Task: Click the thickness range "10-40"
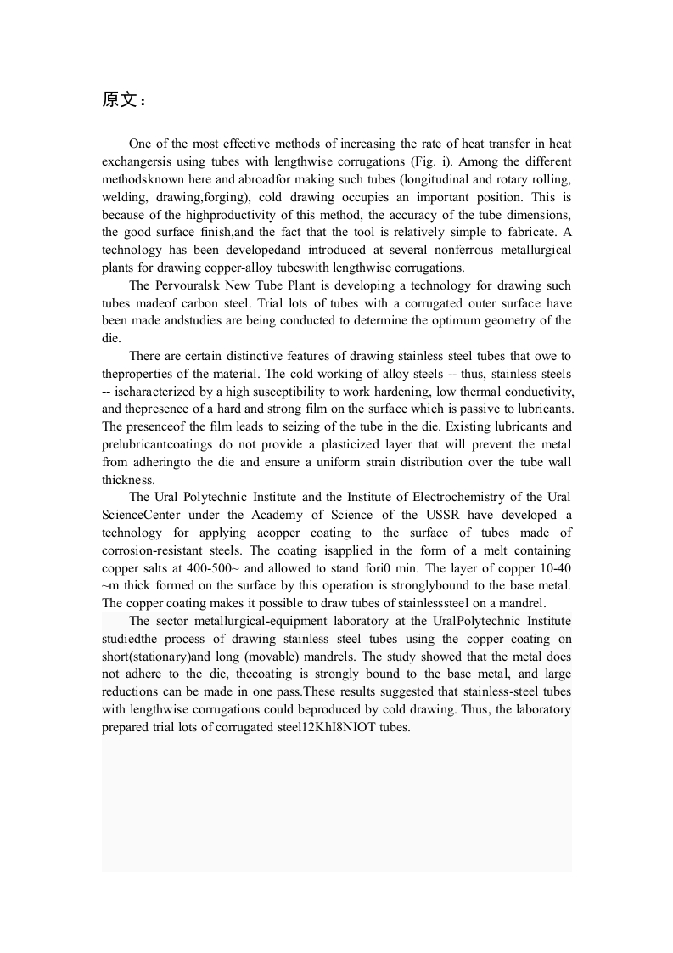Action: (552, 568)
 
